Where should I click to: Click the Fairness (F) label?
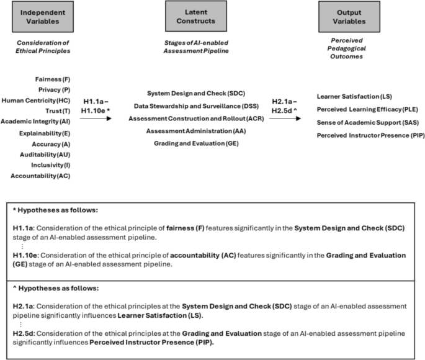52,80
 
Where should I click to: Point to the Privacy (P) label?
54,90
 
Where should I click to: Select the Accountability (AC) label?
40,176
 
